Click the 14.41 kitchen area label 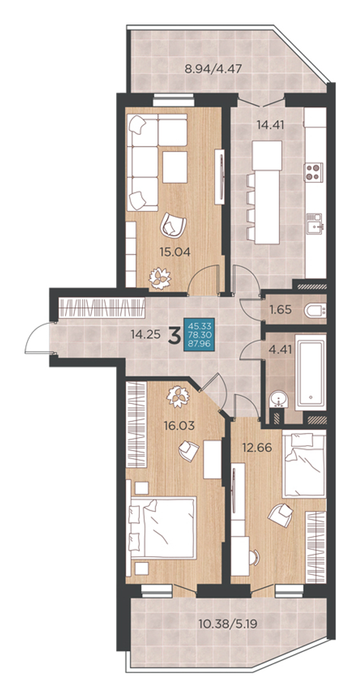(x=269, y=124)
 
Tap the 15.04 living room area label (x=175, y=252)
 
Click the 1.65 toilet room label (x=281, y=310)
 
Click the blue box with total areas (x=199, y=336)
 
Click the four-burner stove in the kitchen (x=314, y=172)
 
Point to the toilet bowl (x=315, y=310)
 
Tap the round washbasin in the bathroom (x=279, y=399)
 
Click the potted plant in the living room (x=159, y=278)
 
